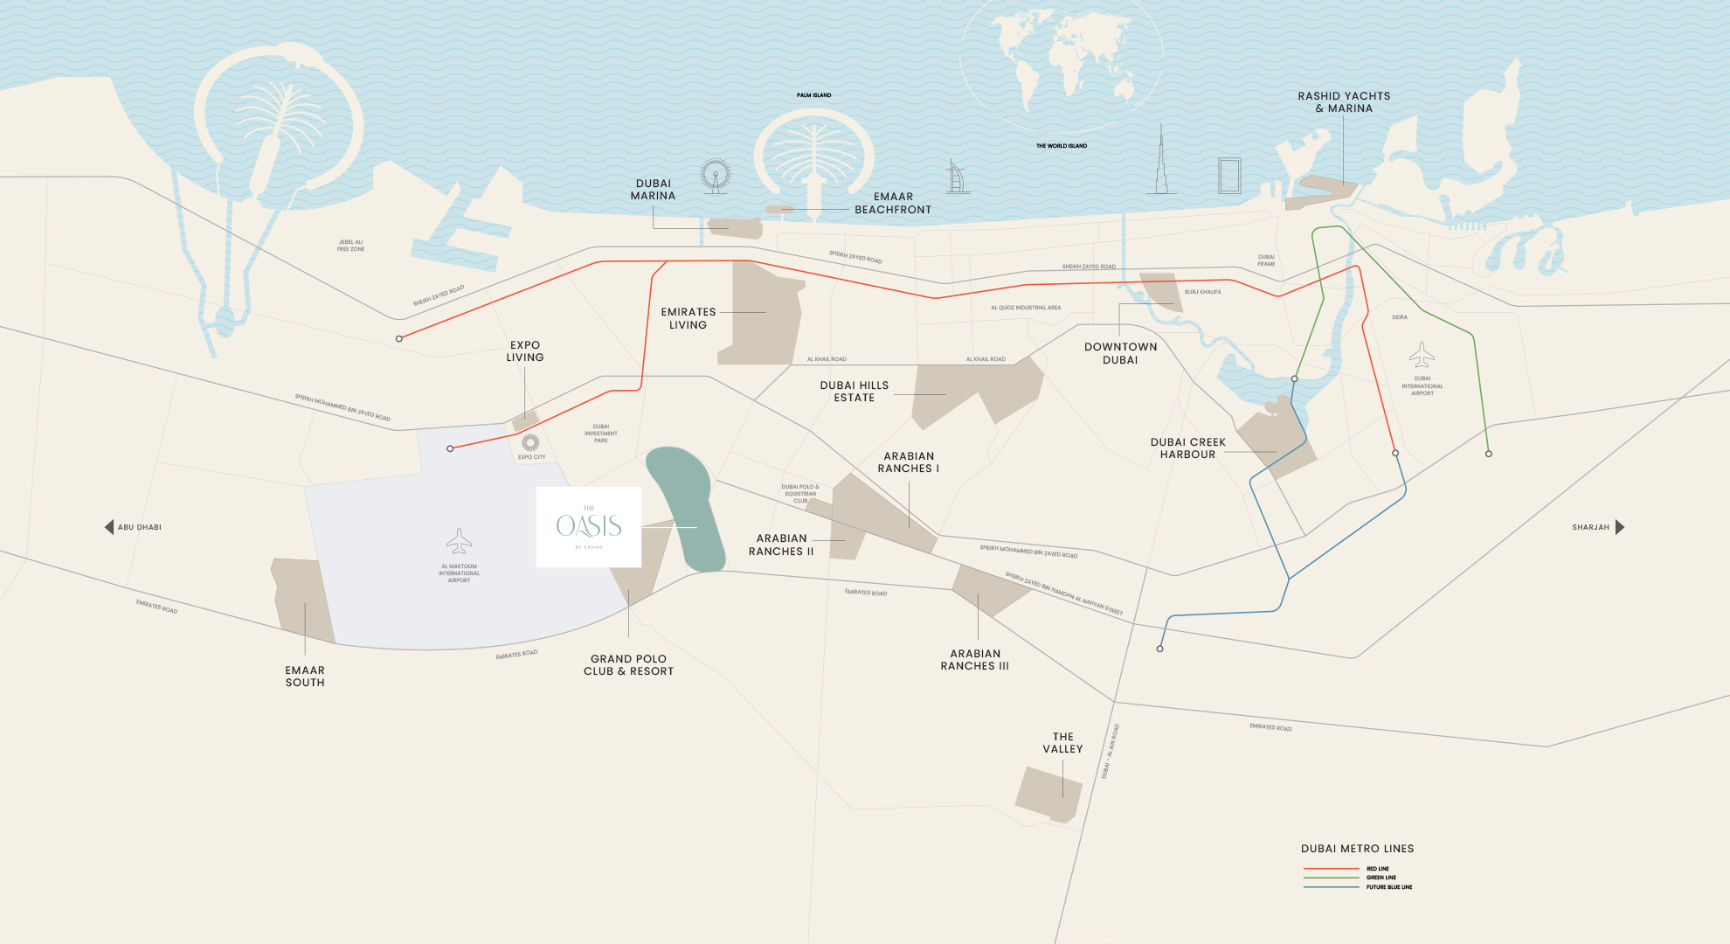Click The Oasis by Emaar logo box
pos(588,527)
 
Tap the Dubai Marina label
pos(653,190)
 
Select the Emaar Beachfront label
pos(892,204)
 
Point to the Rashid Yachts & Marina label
pos(1344,102)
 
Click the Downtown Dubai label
pos(1120,353)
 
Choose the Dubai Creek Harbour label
pos(1187,448)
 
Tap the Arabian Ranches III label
pos(974,660)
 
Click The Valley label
pos(1062,743)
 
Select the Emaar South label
pos(305,677)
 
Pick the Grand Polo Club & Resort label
pos(628,665)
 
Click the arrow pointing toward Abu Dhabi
pos(109,527)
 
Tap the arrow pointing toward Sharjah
pos(1619,527)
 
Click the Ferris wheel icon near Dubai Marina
pos(715,176)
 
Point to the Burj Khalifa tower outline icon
pos(1161,162)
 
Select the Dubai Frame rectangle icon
pos(1229,176)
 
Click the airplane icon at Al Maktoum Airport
pos(459,541)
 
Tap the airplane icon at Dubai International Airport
pos(1422,355)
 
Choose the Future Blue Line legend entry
pos(1388,887)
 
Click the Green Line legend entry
pos(1381,878)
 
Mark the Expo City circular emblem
pos(530,443)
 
